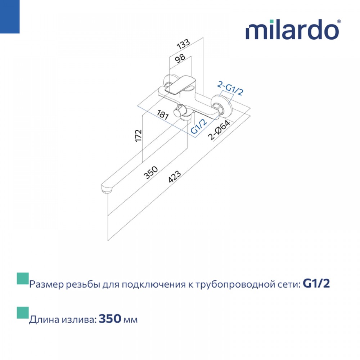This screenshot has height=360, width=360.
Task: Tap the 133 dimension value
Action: [x=183, y=44]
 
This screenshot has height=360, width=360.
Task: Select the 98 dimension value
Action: [x=180, y=58]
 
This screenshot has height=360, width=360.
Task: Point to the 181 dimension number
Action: [x=163, y=114]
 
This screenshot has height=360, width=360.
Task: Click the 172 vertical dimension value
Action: [x=139, y=136]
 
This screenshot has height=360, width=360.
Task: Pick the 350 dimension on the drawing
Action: [x=150, y=172]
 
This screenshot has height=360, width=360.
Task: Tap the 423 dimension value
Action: [x=175, y=176]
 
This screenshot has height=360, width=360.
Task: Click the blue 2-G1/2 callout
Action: [x=230, y=89]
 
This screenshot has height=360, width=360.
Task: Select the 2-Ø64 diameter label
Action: [x=219, y=130]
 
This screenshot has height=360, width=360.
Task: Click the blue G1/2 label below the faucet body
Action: [x=199, y=126]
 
